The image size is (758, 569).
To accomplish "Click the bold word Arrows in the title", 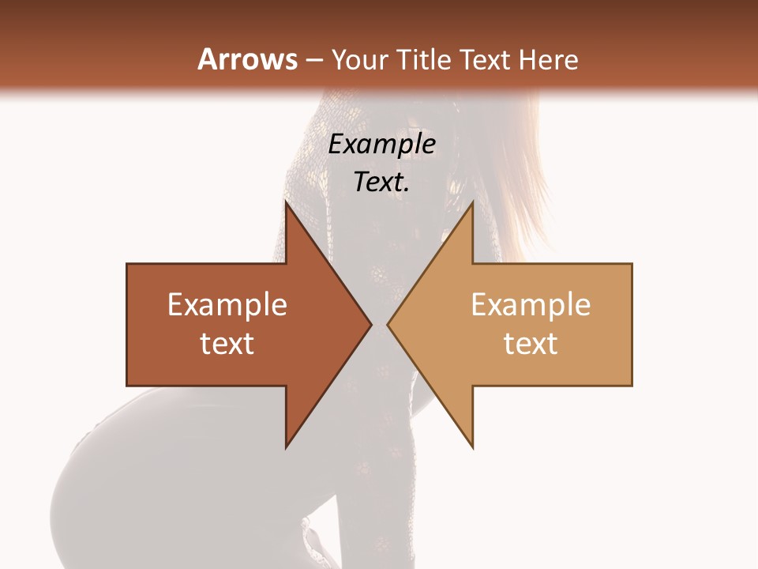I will [x=247, y=59].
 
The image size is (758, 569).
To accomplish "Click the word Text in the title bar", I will [x=485, y=60].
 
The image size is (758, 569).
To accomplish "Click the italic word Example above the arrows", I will [x=381, y=145].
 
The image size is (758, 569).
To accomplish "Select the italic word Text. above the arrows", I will [x=381, y=183].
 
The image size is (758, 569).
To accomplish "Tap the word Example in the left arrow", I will [x=227, y=305].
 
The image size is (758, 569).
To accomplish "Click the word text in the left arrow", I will [x=227, y=344].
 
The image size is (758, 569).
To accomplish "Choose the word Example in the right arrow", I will [x=531, y=305].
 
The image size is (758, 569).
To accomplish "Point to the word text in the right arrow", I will [x=531, y=344].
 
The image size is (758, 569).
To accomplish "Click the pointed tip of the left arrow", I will [x=370, y=324].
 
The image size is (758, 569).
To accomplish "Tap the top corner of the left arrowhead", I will [x=287, y=202].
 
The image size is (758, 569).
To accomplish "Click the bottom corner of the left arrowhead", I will [x=287, y=447].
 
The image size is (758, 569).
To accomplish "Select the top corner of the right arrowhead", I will [x=472, y=202].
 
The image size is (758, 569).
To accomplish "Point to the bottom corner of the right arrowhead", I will [x=472, y=447].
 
